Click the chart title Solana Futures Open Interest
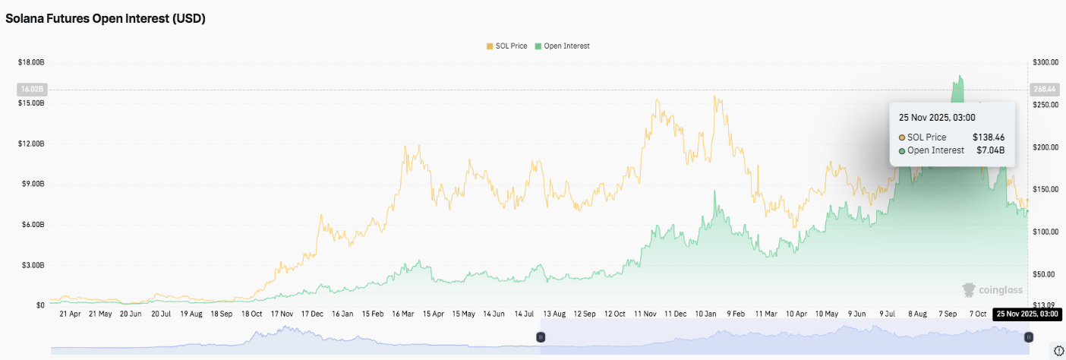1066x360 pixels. point(106,19)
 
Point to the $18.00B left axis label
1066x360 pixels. point(30,62)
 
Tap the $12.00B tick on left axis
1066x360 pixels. point(30,144)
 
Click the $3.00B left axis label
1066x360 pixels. point(33,265)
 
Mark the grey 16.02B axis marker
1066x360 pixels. point(31,89)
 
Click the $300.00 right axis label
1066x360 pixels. point(1045,62)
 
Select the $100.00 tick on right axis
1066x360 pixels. point(1045,231)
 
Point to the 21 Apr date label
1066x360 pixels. point(69,313)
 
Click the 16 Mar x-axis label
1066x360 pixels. point(403,313)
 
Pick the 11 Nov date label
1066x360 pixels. point(645,313)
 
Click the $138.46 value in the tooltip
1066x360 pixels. point(989,137)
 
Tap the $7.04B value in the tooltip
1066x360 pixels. point(991,150)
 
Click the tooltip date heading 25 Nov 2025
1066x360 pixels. point(936,118)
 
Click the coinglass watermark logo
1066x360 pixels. point(992,289)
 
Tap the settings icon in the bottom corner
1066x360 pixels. point(1058,350)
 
